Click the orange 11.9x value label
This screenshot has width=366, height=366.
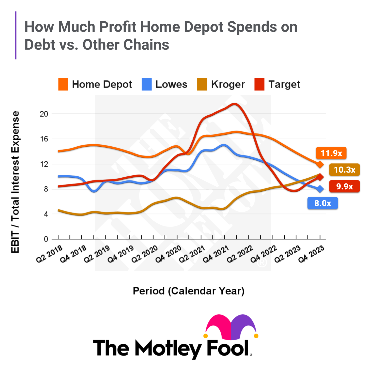(x=331, y=153)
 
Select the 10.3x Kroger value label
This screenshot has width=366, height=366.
(x=344, y=170)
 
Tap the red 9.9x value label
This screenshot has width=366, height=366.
(x=344, y=187)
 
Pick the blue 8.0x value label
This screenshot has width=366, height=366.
(x=323, y=203)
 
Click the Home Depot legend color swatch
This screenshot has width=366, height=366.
(x=63, y=84)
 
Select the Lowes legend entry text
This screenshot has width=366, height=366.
(x=171, y=84)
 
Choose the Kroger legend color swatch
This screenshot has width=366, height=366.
(x=202, y=84)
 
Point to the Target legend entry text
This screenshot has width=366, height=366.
(x=284, y=84)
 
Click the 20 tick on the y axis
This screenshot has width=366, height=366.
(x=44, y=114)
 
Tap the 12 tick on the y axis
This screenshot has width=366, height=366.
(x=44, y=164)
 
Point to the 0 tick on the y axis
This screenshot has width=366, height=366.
(x=46, y=239)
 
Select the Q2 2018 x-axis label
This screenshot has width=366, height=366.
(x=49, y=254)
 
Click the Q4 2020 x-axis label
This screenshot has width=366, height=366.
(x=168, y=254)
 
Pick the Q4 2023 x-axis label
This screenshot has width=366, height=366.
(x=311, y=254)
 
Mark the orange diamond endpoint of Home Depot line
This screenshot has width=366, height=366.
(x=320, y=164)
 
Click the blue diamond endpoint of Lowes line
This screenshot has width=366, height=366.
(x=320, y=189)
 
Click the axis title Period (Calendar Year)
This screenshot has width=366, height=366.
(x=189, y=291)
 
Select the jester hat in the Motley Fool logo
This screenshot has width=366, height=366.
(x=231, y=327)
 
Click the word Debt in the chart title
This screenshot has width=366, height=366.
(x=39, y=45)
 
